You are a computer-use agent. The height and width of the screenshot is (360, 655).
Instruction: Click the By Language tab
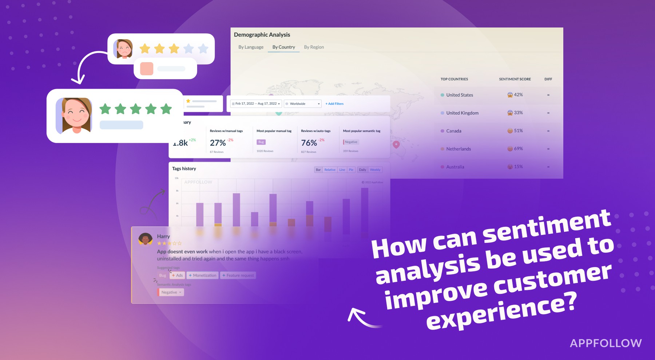[x=251, y=47]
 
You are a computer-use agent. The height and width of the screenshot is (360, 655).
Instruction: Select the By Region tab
[x=314, y=47]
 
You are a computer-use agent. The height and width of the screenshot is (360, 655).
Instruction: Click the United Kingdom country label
[x=462, y=113]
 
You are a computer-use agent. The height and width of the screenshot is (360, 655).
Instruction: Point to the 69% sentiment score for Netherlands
[x=518, y=149]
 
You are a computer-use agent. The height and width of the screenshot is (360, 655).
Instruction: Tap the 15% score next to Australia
[x=518, y=167]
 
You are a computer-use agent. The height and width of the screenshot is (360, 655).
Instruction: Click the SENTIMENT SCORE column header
[x=515, y=79]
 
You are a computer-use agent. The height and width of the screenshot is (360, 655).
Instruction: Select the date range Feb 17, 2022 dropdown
[x=256, y=104]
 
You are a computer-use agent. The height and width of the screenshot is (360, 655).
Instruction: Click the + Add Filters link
[x=334, y=104]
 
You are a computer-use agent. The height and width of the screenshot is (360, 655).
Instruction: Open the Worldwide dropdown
[x=303, y=104]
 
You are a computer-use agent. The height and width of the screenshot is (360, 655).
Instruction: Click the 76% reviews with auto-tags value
[x=309, y=143]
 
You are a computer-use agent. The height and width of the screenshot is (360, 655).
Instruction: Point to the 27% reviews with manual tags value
[x=218, y=143]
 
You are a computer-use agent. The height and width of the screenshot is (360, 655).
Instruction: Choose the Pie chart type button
[x=351, y=170]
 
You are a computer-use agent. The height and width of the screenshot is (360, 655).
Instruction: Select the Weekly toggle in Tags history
[x=375, y=170]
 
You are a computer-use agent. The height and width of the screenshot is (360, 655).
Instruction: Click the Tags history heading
[x=184, y=169]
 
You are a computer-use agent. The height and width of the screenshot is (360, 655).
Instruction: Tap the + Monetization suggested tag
[x=202, y=275]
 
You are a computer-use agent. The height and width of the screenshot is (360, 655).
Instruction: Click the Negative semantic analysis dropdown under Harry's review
[x=171, y=292]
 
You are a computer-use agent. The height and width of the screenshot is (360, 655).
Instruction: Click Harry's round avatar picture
[x=146, y=239]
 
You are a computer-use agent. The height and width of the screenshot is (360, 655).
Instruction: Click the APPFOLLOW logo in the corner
[x=606, y=343]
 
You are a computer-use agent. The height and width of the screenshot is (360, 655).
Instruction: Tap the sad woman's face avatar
[x=123, y=49]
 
